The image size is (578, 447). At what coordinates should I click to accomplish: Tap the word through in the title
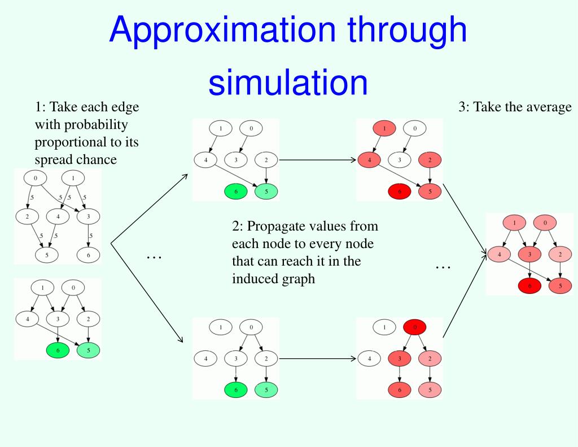click(408, 31)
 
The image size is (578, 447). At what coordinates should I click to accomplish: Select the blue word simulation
click(288, 82)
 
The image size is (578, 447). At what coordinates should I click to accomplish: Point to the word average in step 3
click(547, 107)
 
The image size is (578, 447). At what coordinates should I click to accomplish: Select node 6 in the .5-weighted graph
click(89, 255)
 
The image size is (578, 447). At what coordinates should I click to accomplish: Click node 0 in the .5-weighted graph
click(36, 178)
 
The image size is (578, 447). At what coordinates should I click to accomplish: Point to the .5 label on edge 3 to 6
click(91, 235)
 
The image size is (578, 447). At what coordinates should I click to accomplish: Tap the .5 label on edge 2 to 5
click(40, 235)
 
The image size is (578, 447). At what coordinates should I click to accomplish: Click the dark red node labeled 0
click(414, 327)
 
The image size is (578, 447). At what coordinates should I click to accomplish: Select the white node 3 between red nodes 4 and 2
click(400, 160)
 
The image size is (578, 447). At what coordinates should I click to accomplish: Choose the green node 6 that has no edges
click(236, 192)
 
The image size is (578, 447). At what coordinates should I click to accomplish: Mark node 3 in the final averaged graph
click(530, 255)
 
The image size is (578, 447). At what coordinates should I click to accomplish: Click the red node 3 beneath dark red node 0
click(400, 358)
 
